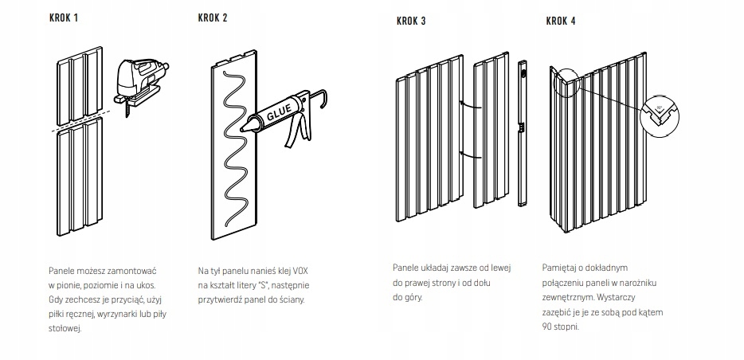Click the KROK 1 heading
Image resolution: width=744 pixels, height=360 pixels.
(x=63, y=17)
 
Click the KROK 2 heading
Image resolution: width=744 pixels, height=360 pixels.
(x=213, y=17)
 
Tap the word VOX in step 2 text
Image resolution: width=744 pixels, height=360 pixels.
(x=296, y=271)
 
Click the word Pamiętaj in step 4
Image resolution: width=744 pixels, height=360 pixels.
(x=560, y=269)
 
